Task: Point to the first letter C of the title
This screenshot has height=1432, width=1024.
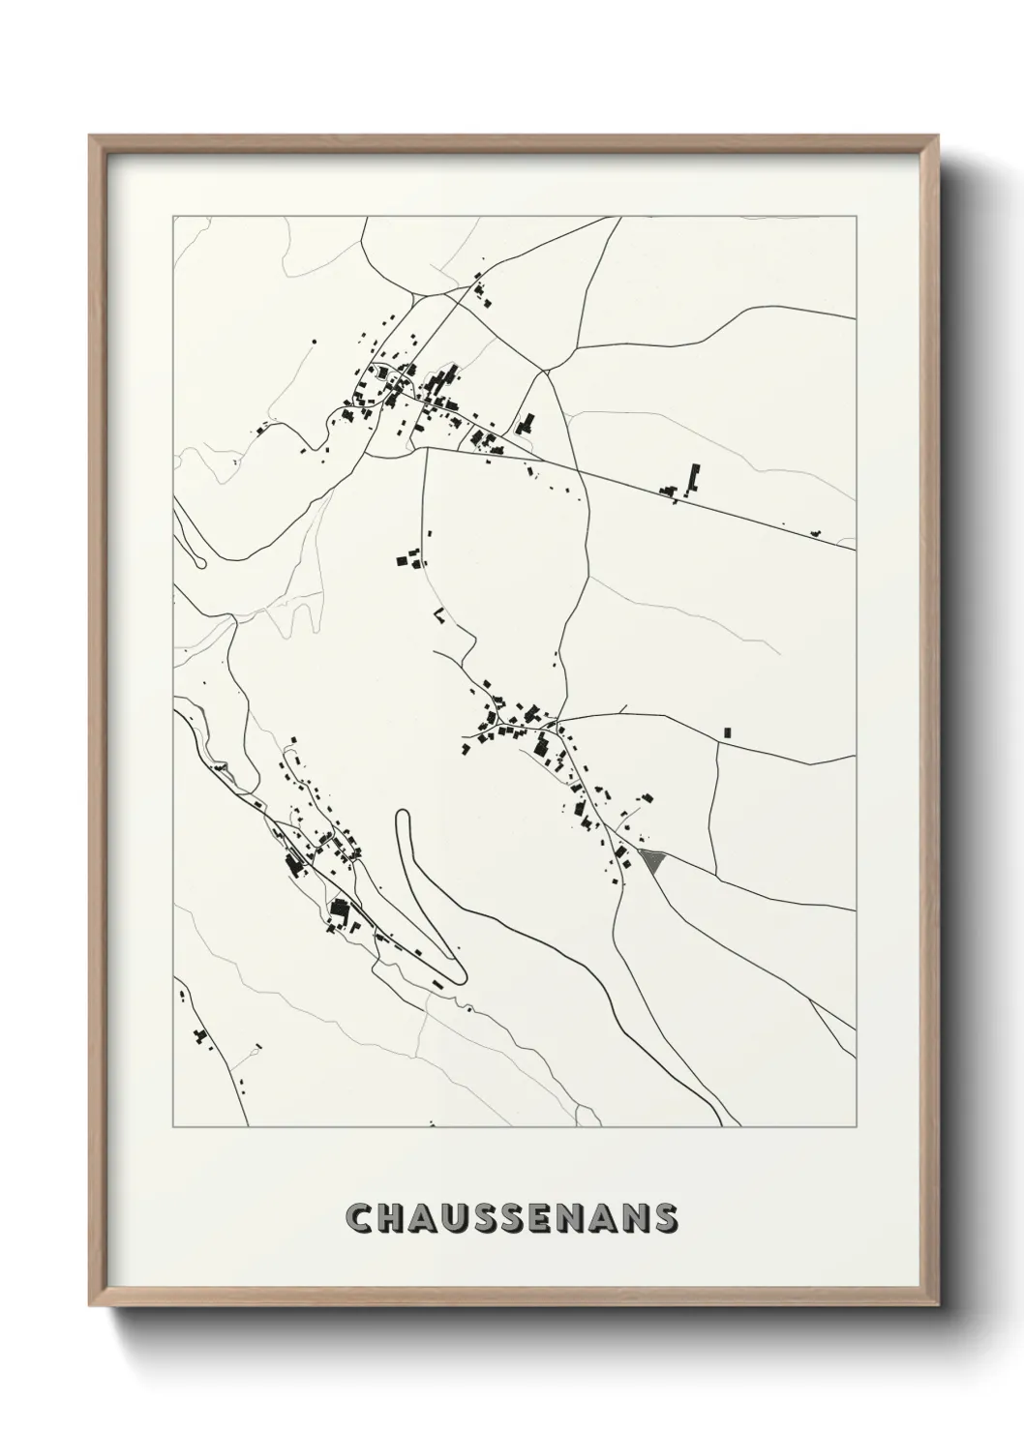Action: [358, 1219]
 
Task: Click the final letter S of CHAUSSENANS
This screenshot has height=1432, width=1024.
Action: [665, 1219]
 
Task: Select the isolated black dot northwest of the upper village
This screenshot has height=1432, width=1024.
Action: [314, 342]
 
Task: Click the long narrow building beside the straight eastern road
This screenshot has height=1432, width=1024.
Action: [693, 478]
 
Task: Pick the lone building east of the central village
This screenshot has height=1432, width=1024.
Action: [728, 732]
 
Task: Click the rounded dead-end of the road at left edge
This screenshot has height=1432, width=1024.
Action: [200, 562]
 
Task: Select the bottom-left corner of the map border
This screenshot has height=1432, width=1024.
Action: [173, 1127]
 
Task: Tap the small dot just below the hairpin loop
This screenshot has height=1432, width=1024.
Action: [469, 1009]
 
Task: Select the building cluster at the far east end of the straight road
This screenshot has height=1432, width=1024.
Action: [815, 532]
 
